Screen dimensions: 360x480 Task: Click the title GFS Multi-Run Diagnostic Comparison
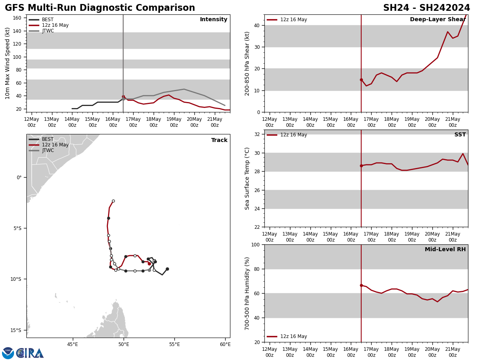point(100,8)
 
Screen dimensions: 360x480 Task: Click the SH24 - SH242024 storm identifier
point(426,8)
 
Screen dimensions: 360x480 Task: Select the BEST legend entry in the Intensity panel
point(47,20)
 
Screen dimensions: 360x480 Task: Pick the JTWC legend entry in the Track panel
point(48,150)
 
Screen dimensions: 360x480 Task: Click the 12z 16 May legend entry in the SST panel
point(293,135)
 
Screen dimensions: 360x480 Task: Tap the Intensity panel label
point(214,20)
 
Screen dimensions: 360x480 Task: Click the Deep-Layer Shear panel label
point(438,20)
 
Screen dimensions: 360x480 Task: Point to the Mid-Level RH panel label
point(445,250)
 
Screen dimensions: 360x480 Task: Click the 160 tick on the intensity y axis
point(17,18)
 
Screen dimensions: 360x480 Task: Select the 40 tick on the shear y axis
point(256,25)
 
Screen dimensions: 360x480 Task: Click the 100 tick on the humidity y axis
point(255,244)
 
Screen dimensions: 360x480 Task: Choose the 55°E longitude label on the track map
point(174,344)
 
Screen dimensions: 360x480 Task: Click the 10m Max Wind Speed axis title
point(8,63)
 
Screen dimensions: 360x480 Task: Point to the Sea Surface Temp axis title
point(247,178)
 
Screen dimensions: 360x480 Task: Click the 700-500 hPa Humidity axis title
point(247,293)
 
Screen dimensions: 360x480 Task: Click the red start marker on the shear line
point(361,80)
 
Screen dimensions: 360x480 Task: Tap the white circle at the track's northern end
point(113,201)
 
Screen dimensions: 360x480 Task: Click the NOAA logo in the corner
point(8,353)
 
